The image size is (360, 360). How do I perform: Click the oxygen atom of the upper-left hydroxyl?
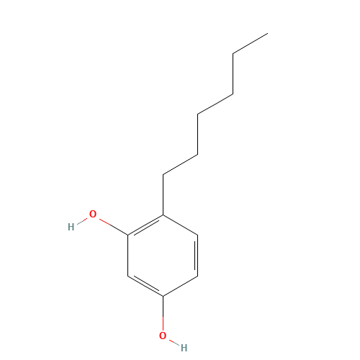pyautogui.click(x=93, y=214)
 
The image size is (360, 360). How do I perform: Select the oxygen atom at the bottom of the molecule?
pyautogui.click(x=163, y=336)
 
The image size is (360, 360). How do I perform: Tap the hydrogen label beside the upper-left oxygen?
pyautogui.click(x=71, y=227)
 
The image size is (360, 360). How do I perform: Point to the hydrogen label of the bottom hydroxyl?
pyautogui.click(x=184, y=348)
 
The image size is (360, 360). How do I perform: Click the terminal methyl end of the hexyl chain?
pyautogui.click(x=268, y=33)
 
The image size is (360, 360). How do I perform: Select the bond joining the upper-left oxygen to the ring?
pyautogui.click(x=113, y=227)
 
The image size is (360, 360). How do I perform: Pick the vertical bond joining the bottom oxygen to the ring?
pyautogui.click(x=163, y=314)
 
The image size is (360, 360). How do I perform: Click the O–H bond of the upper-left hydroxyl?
pyautogui.click(x=82, y=221)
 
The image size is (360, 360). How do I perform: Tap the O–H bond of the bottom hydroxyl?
pyautogui.click(x=174, y=342)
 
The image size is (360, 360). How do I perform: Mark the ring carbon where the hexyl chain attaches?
pyautogui.click(x=163, y=215)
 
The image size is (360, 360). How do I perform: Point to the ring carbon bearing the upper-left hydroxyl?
pyautogui.click(x=128, y=235)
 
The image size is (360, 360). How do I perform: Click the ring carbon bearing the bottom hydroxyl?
pyautogui.click(x=163, y=296)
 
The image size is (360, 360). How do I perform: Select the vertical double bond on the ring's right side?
pyautogui.click(x=197, y=256)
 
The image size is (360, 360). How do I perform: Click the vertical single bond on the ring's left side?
pyautogui.click(x=128, y=256)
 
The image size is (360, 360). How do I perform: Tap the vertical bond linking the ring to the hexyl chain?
pyautogui.click(x=163, y=194)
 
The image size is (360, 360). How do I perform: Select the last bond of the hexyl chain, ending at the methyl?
pyautogui.click(x=250, y=43)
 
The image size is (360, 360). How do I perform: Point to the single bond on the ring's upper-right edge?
pyautogui.click(x=180, y=225)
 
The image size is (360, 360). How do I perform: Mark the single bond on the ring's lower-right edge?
pyautogui.click(x=180, y=286)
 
